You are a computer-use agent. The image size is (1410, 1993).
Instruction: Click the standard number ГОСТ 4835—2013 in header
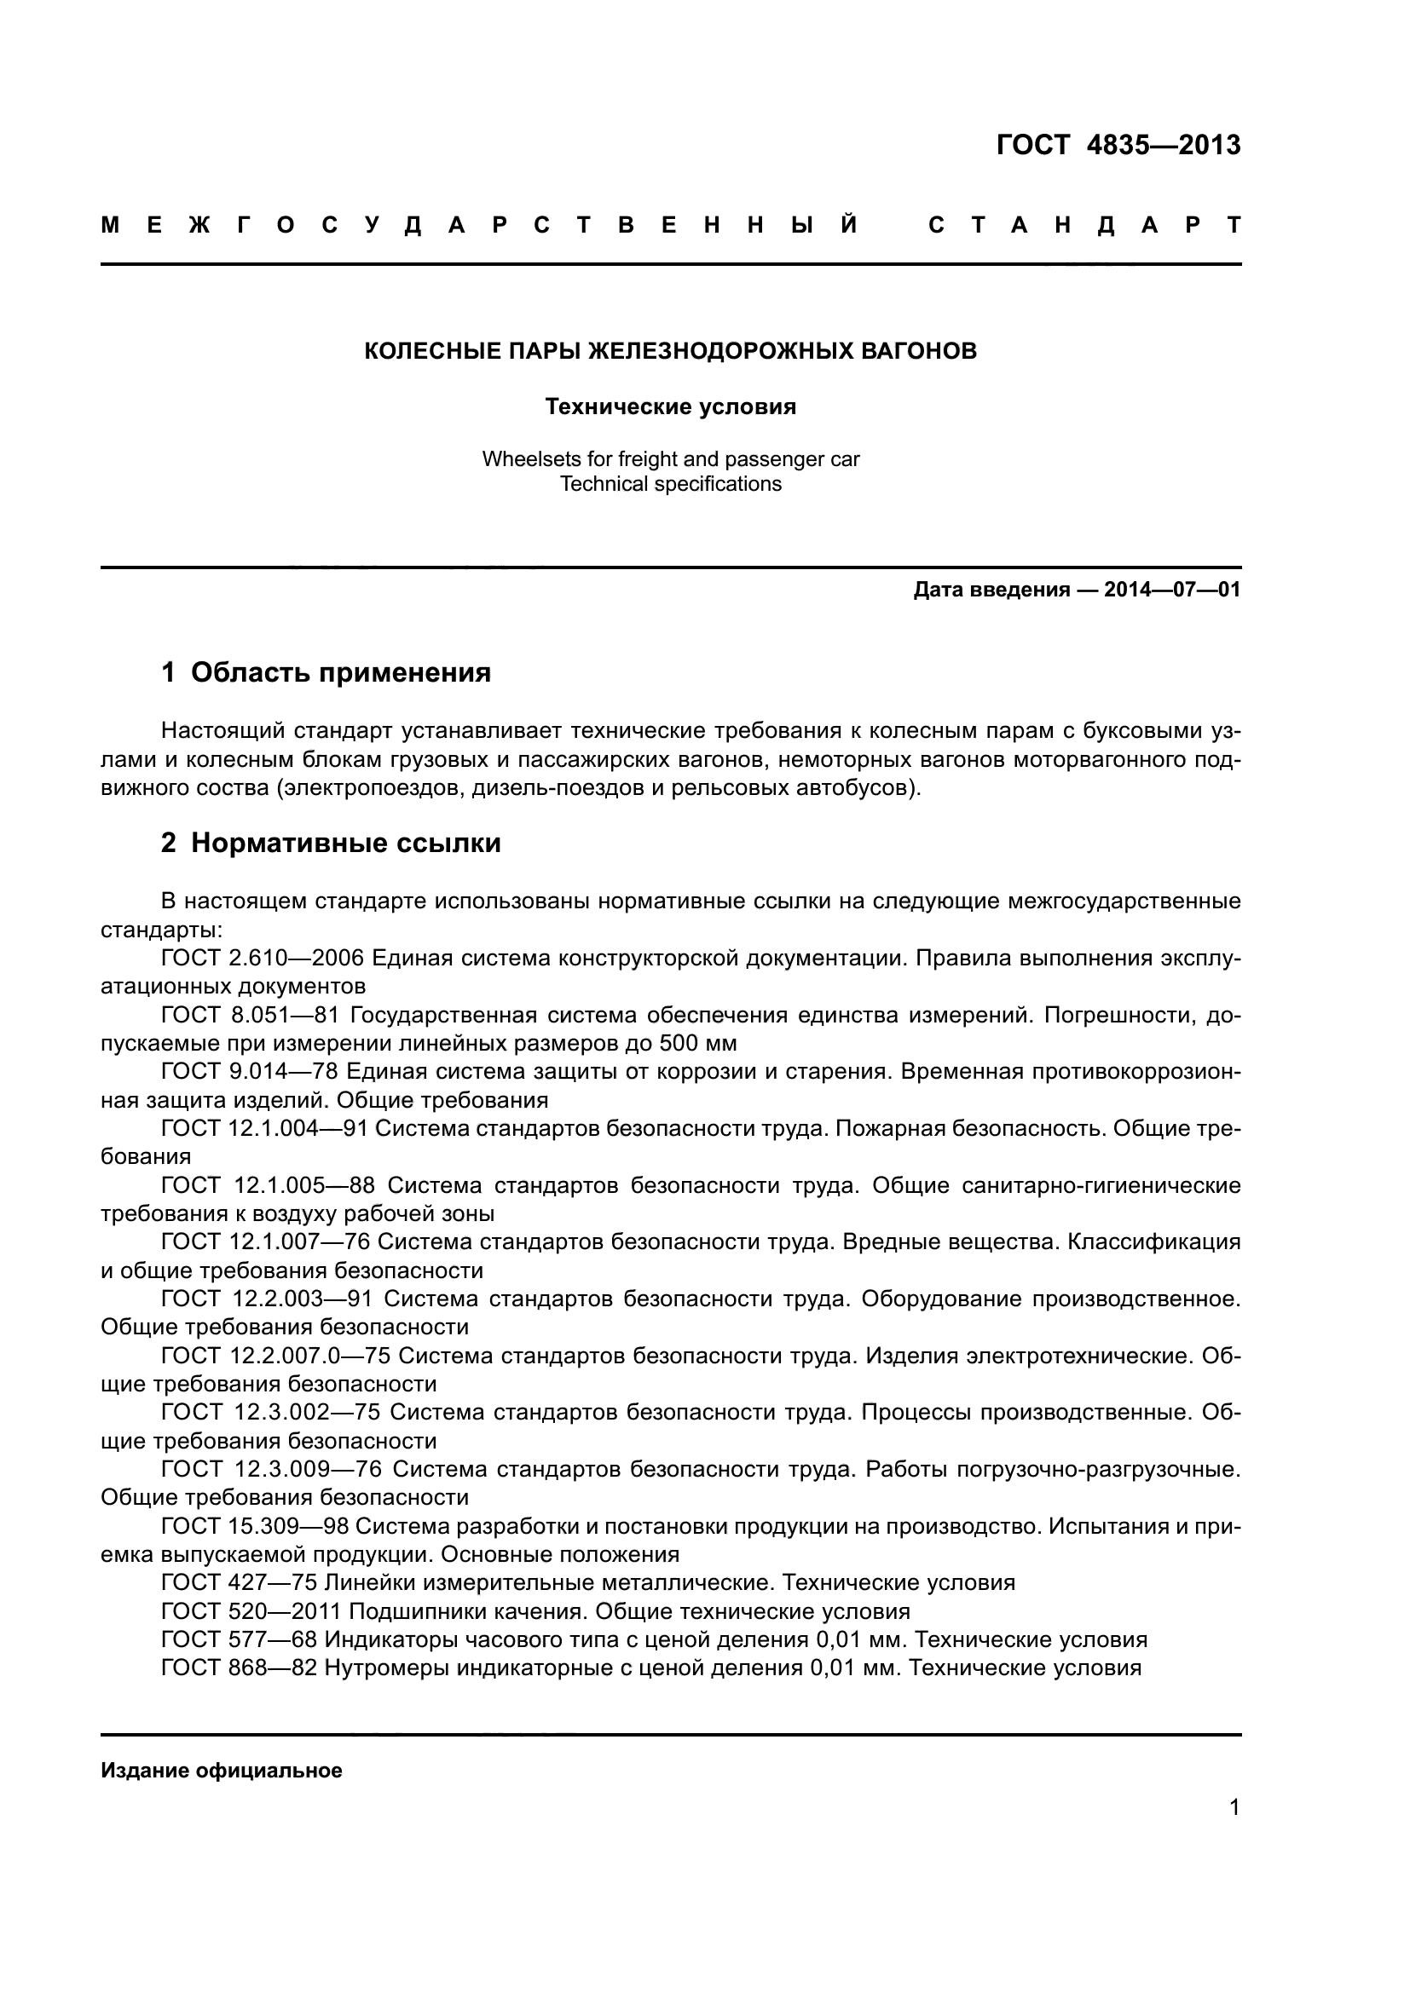coord(1118,145)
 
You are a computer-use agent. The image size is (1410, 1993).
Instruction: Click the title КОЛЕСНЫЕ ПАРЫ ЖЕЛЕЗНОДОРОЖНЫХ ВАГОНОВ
coord(670,351)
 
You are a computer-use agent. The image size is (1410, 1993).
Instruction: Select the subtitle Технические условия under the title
coord(670,406)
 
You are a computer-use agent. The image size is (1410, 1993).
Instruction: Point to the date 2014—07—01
coord(1172,590)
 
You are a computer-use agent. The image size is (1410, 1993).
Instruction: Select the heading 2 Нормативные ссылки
coord(331,843)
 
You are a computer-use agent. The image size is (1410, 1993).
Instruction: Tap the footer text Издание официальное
coord(222,1770)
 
